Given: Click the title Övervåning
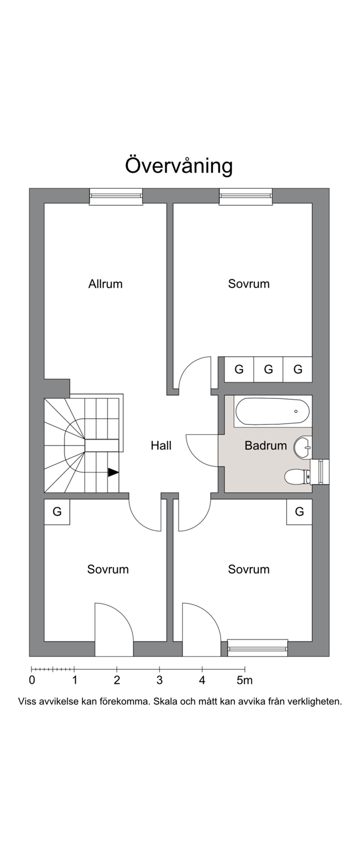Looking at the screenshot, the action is pyautogui.click(x=179, y=165).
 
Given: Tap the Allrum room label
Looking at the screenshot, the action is pyautogui.click(x=106, y=284).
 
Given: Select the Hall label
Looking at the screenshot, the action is pyautogui.click(x=161, y=445).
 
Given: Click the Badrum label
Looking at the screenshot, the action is pyautogui.click(x=266, y=445).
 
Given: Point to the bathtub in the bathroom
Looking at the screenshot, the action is pyautogui.click(x=272, y=412).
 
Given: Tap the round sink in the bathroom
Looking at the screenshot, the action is pyautogui.click(x=303, y=447).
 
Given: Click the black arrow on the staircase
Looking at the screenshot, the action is pyautogui.click(x=113, y=472).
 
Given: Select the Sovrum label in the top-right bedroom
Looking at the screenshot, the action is pyautogui.click(x=249, y=284).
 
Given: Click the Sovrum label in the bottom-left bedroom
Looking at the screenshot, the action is pyautogui.click(x=108, y=569).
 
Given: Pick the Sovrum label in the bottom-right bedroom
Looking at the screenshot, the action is pyautogui.click(x=249, y=569).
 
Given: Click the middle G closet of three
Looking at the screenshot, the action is pyautogui.click(x=269, y=369).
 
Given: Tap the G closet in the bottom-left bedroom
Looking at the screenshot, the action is pyautogui.click(x=57, y=512).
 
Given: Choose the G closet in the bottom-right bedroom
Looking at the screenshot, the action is pyautogui.click(x=299, y=512).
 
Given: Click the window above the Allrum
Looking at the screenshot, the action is pyautogui.click(x=116, y=196).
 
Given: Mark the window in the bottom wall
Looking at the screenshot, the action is pyautogui.click(x=257, y=648).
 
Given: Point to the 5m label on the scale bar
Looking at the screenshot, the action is pyautogui.click(x=245, y=680).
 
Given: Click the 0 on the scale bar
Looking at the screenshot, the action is pyautogui.click(x=32, y=680).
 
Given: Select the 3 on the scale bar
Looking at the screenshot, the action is pyautogui.click(x=159, y=680).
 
